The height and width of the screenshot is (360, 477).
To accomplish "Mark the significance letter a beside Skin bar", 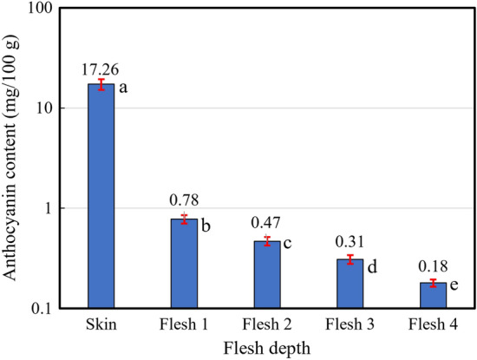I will pos(123,88).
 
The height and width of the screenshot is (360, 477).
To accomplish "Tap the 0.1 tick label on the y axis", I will pos(43,309).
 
